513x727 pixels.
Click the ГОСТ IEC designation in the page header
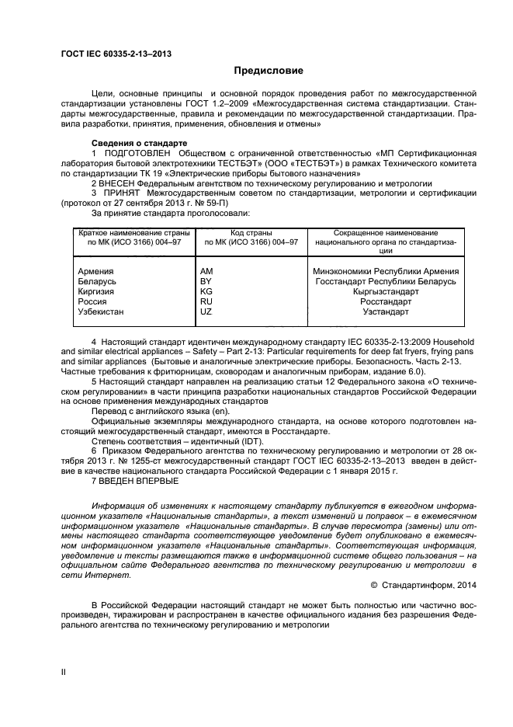coord(116,54)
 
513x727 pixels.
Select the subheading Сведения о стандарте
coord(139,144)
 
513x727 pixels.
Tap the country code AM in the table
coord(206,271)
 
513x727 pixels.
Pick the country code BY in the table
coord(206,281)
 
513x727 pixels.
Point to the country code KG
coord(206,291)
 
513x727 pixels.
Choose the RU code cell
coord(206,301)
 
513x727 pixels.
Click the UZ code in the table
coord(206,311)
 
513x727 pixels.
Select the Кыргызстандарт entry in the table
coord(386,291)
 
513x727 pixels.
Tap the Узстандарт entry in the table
coord(386,311)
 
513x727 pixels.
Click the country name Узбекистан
coord(102,311)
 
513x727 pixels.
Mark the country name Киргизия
coord(96,291)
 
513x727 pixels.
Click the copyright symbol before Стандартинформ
coord(374,585)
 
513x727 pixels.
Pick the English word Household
coord(442,342)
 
